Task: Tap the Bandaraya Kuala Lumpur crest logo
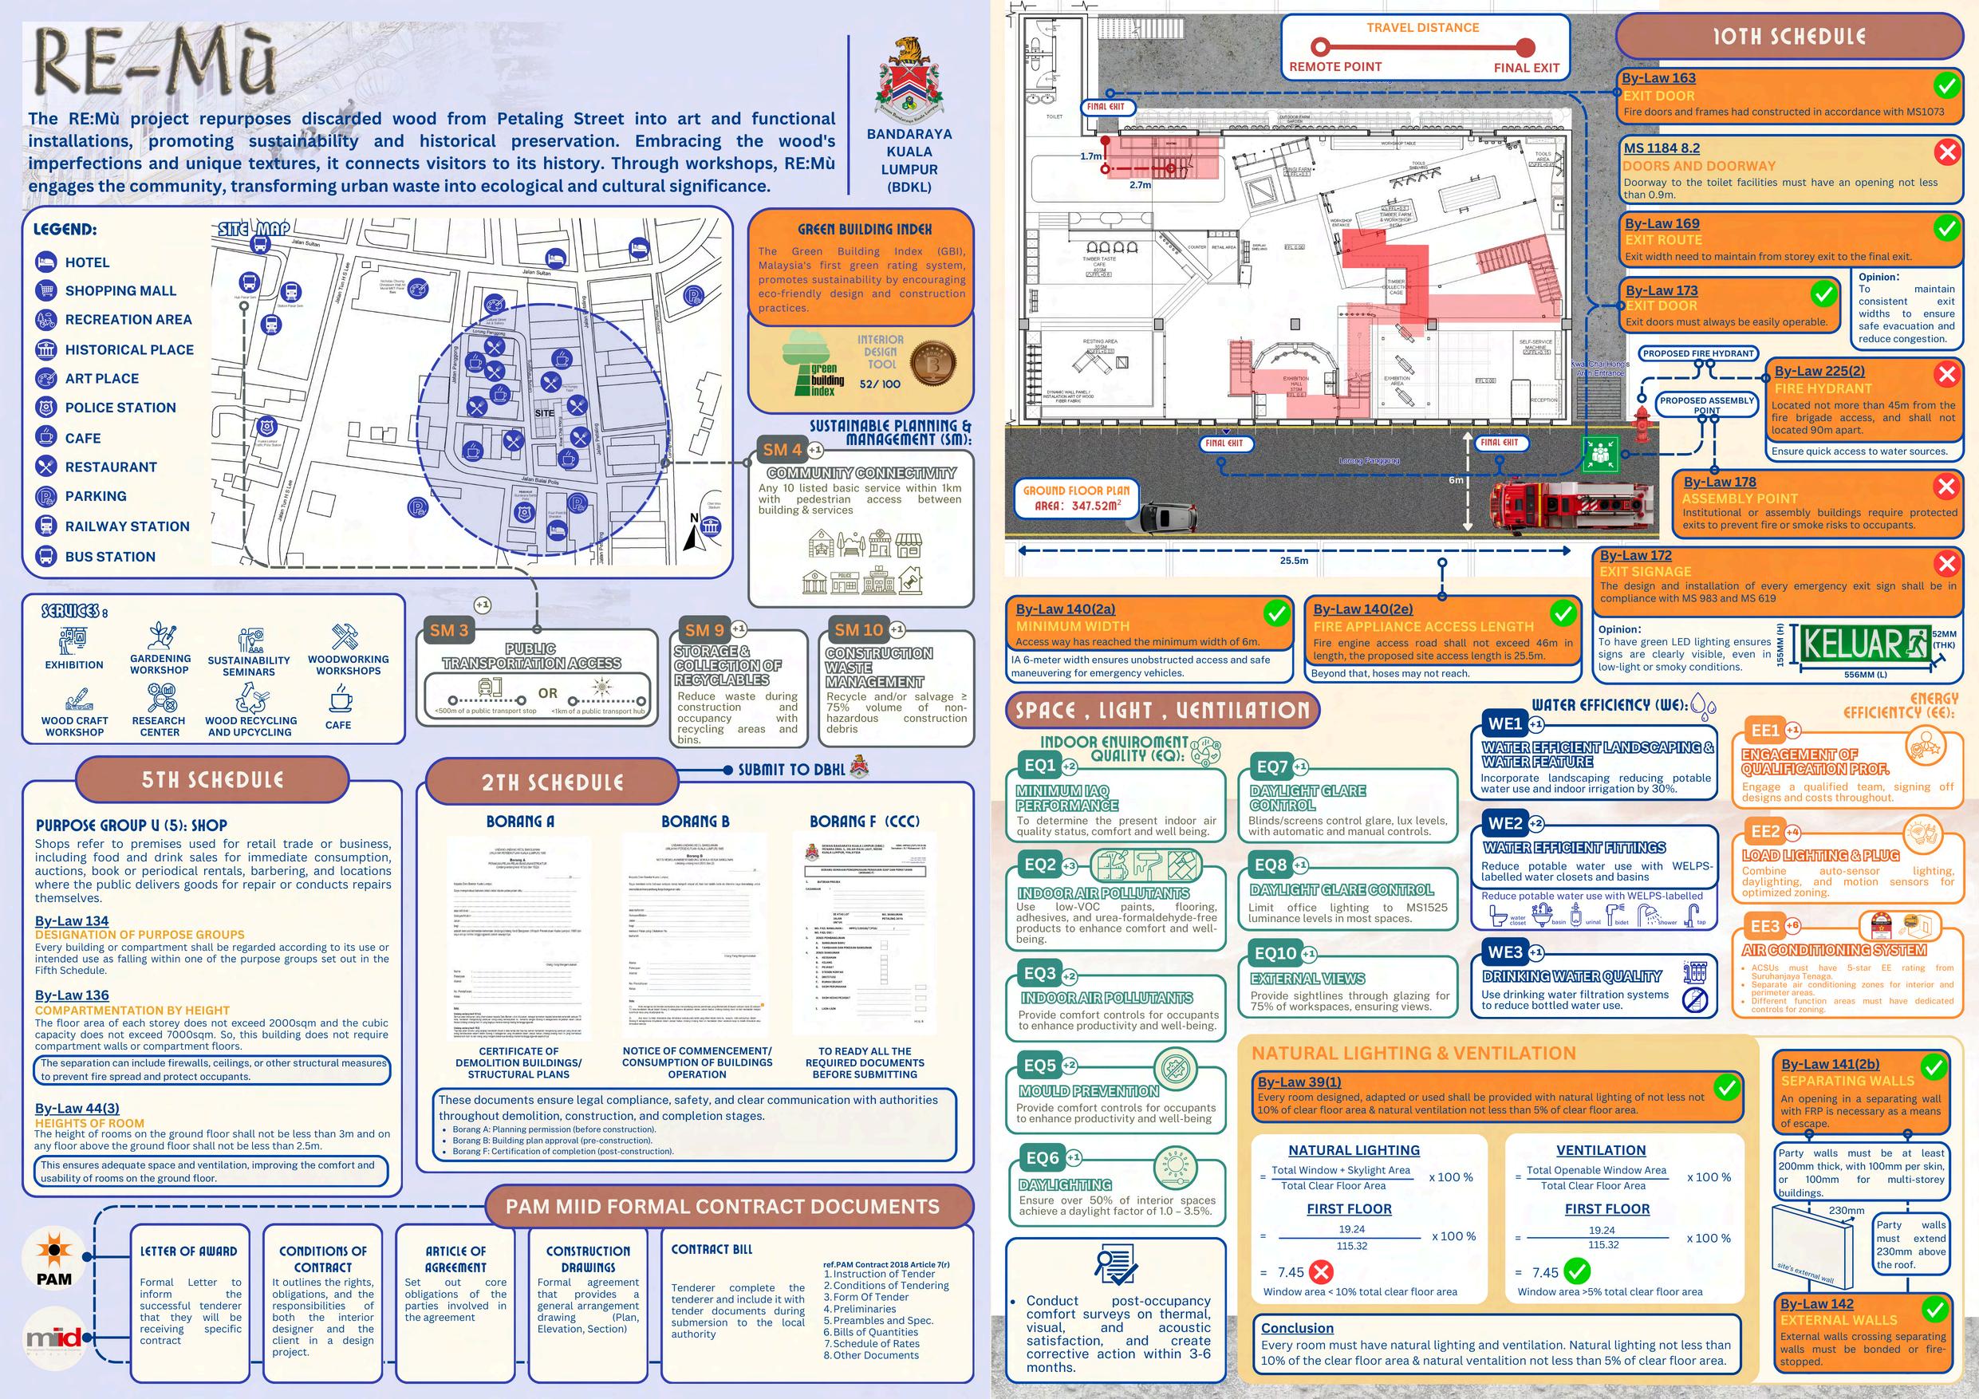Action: point(909,81)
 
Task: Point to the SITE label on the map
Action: point(545,414)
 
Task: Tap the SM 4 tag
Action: point(782,449)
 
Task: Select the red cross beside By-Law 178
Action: point(1945,487)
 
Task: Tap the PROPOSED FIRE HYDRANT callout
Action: point(1698,353)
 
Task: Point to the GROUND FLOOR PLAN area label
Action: point(1077,498)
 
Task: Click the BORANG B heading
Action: point(695,822)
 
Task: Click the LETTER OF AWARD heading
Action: point(189,1251)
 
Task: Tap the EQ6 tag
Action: point(1042,1158)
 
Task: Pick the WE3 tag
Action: point(1505,952)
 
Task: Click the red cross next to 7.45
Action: point(1320,1272)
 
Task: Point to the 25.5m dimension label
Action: point(1294,560)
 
